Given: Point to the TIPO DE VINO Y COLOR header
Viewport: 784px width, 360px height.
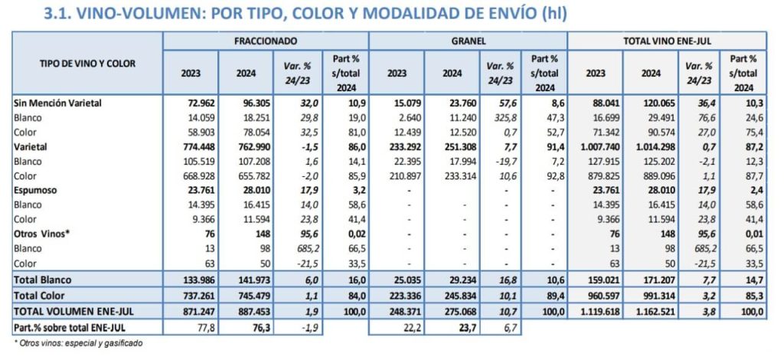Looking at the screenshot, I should click(x=87, y=64).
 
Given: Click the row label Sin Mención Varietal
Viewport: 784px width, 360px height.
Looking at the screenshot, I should click(x=58, y=102).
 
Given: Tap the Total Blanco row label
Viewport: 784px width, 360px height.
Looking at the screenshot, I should click(x=44, y=281).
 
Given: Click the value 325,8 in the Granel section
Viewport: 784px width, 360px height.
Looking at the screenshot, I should click(x=499, y=117).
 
